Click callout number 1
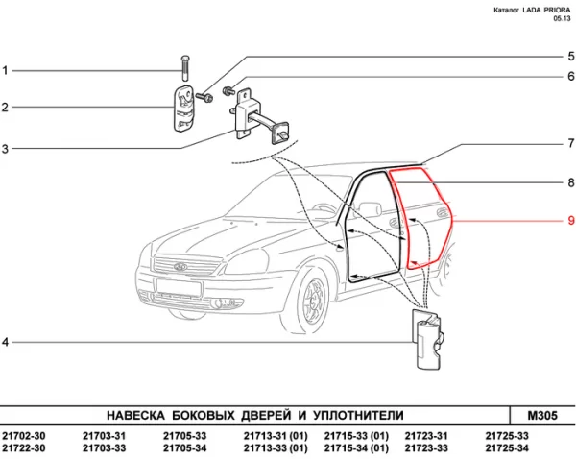[x=6, y=70]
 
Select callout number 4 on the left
[x=6, y=343]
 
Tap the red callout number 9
[x=570, y=221]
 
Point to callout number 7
[x=570, y=144]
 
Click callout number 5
[x=570, y=56]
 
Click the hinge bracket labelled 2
[x=184, y=105]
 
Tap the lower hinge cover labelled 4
[x=426, y=341]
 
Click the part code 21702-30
[x=24, y=436]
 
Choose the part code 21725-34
[x=508, y=448]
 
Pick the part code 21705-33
[x=185, y=436]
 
